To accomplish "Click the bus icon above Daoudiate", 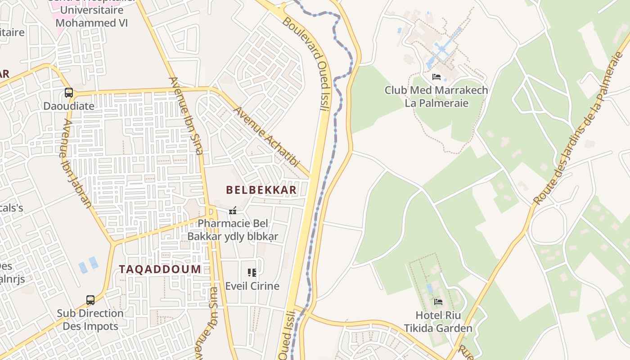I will tap(69, 93).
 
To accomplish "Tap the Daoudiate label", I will tap(69, 106).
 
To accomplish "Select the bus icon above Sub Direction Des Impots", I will tap(90, 300).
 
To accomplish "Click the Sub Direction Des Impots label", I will tap(90, 319).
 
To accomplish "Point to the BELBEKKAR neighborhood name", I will tap(261, 190).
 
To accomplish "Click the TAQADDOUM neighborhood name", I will tap(160, 269).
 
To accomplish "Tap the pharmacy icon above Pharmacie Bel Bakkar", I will tap(233, 210).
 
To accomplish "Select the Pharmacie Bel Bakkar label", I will tap(233, 229).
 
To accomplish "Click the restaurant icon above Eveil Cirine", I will tap(252, 272).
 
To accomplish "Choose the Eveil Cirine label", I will tap(252, 286).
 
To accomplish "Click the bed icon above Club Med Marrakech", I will tap(436, 77).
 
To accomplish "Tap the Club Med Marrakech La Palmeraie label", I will tap(436, 96).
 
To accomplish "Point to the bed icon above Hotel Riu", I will tap(438, 301).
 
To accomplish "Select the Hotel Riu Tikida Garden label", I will tap(438, 321).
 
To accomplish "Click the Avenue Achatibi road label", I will tap(266, 137).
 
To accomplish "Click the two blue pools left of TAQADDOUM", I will tap(88, 265).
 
